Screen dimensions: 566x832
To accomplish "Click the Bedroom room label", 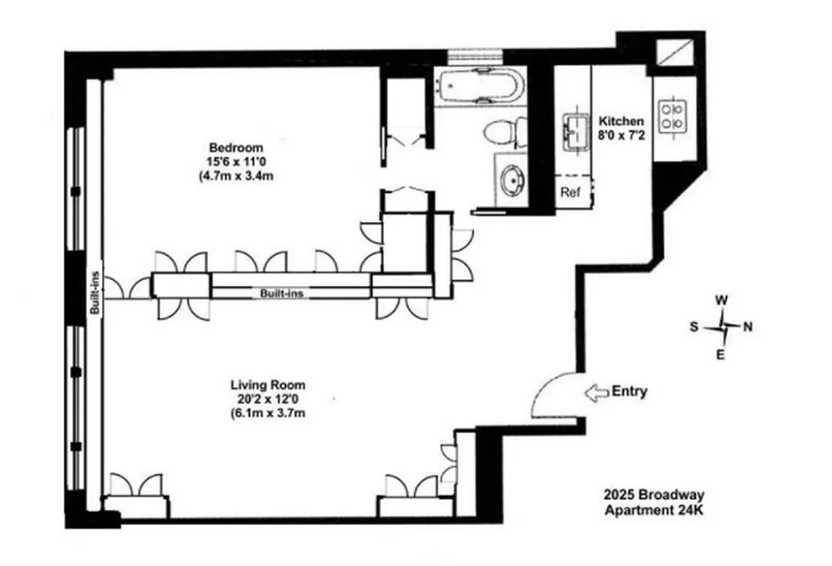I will tap(236, 148).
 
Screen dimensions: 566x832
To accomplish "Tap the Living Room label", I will tap(268, 386).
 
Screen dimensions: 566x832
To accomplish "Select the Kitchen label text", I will tap(621, 121).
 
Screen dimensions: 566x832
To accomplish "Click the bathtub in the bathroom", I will tap(480, 86).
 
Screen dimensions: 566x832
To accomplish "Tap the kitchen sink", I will tap(576, 131).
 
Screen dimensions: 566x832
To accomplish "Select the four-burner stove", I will tap(673, 117).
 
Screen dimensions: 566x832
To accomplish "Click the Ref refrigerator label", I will tap(570, 192).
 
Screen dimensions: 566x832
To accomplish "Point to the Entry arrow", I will tap(596, 393).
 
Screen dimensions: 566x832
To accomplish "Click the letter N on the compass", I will tap(748, 327).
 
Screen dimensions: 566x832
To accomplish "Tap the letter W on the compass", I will tap(722, 300).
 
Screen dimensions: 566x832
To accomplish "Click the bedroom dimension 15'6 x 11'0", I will tap(236, 162).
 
